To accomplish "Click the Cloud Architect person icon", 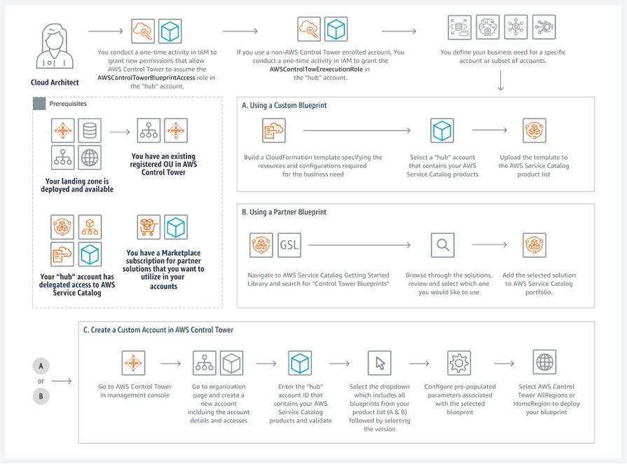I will pyautogui.click(x=53, y=47).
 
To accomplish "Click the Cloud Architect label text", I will pyautogui.click(x=55, y=82).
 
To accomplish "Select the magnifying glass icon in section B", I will pyautogui.click(x=442, y=245).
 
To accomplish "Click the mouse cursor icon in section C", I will pyautogui.click(x=379, y=362).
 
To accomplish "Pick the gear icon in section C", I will pyautogui.click(x=459, y=362).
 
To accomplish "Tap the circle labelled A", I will pyautogui.click(x=41, y=367).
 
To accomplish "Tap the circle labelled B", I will pyautogui.click(x=41, y=396).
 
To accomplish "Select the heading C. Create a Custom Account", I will pyautogui.click(x=158, y=329).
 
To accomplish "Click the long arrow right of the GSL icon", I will pyautogui.click(x=359, y=245).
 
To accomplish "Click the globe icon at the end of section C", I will pyautogui.click(x=543, y=362).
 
